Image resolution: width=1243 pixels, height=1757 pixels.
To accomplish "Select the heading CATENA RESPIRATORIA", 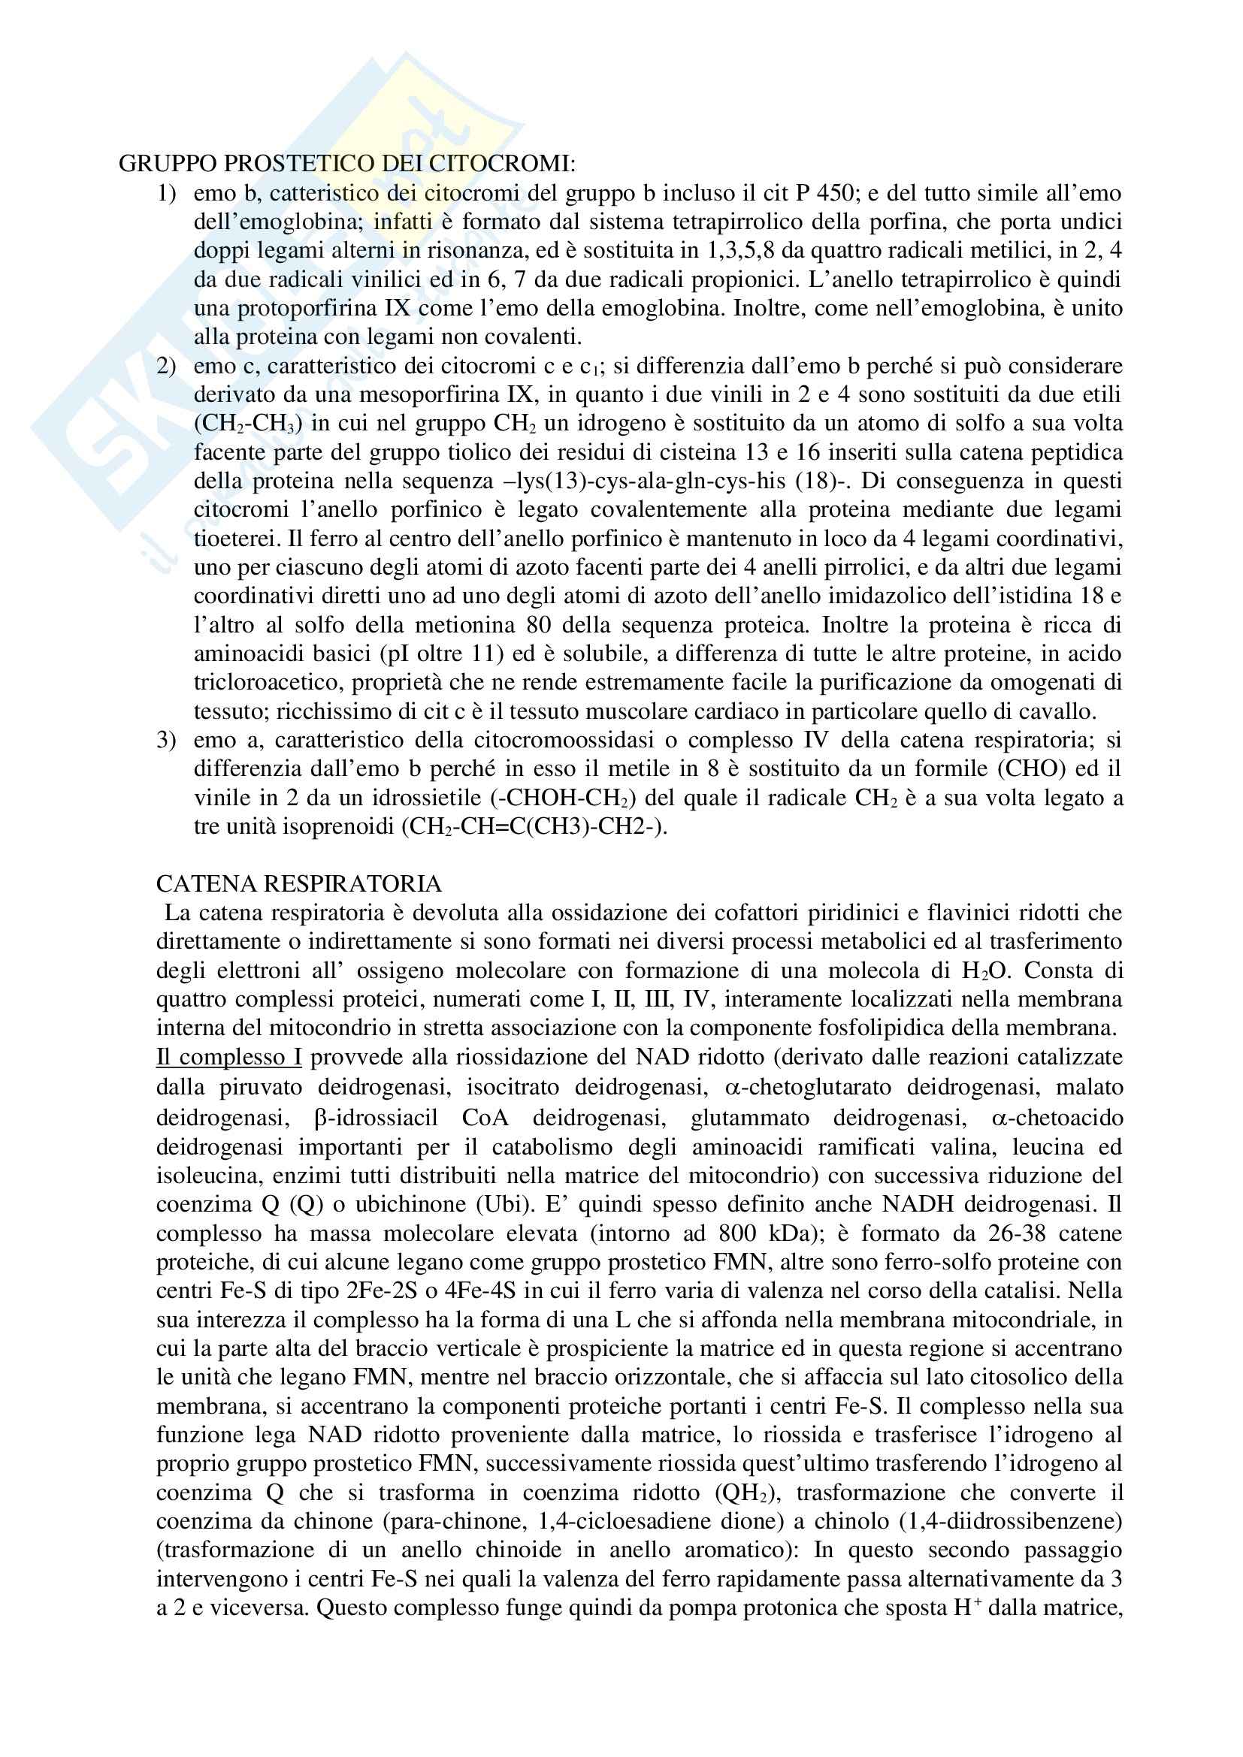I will [298, 884].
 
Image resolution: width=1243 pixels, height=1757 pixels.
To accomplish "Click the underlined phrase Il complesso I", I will [229, 1057].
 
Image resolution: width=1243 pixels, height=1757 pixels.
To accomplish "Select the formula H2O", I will [987, 971].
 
